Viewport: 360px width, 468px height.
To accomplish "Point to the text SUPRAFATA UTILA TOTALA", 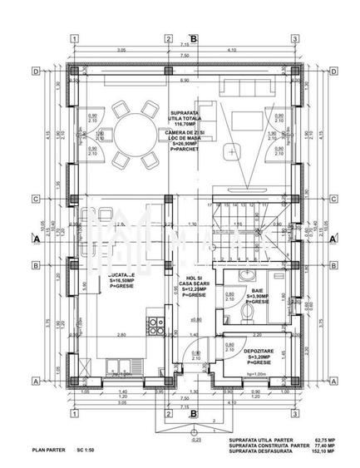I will tap(185, 116).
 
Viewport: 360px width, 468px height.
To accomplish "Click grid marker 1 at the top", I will tap(75, 39).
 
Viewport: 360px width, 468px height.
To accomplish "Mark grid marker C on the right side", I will tap(334, 199).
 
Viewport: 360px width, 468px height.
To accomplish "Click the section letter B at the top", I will tap(193, 37).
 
